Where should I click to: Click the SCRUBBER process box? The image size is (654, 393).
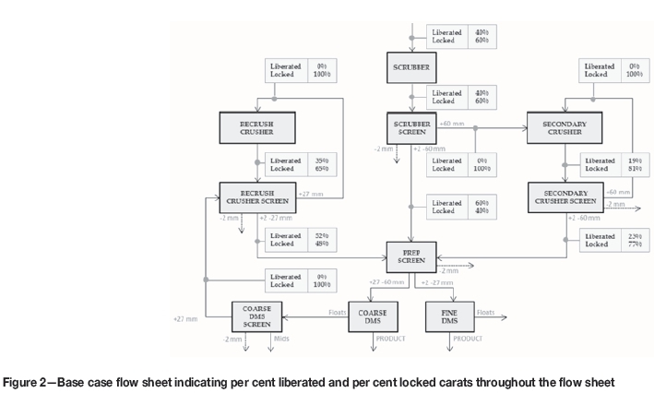411,67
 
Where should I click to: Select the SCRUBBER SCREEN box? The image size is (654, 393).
411,128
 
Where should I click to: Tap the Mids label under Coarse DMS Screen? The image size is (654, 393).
281,339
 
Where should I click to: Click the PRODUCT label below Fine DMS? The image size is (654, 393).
468,339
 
